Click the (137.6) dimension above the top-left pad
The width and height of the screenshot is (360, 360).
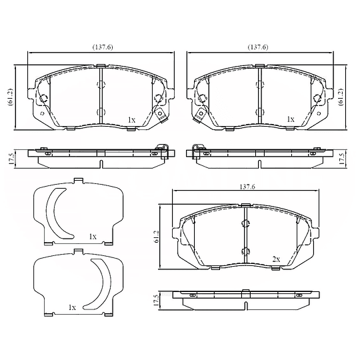coord(103,47)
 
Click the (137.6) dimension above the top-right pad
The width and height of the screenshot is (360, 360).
coord(258,47)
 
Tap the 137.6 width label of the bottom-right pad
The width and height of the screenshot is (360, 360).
coord(247,187)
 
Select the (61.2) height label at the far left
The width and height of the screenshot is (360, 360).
coord(11,97)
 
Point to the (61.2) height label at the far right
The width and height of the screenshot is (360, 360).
coord(341,97)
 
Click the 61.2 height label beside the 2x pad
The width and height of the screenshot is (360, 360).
coord(157,237)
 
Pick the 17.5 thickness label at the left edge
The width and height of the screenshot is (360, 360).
coord(11,159)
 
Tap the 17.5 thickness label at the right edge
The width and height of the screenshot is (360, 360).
coord(342,159)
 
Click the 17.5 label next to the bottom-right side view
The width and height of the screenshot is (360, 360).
coord(156,301)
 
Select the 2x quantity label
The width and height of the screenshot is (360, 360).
coord(276,259)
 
